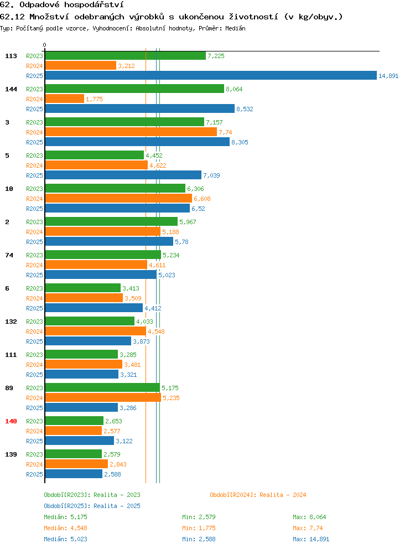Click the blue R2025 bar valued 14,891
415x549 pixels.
tap(211, 76)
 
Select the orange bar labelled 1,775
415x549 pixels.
tap(64, 99)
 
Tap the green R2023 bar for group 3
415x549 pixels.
tap(124, 122)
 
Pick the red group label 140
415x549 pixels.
tap(11, 421)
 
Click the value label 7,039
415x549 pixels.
tap(211, 175)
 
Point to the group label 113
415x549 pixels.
tap(11, 56)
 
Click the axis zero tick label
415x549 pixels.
tap(44, 45)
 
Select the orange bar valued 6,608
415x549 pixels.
tap(118, 199)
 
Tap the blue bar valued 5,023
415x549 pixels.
tap(101, 275)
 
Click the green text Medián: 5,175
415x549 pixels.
tap(65, 517)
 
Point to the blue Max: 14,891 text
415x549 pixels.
tap(311, 539)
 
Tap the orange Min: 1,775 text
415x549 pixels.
tap(199, 528)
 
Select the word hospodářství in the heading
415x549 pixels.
tap(94, 5)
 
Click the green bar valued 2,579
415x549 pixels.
tap(74, 454)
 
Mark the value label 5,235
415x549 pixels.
tap(171, 398)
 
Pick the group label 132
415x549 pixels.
tap(11, 322)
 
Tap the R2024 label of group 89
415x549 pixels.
tap(34, 398)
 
